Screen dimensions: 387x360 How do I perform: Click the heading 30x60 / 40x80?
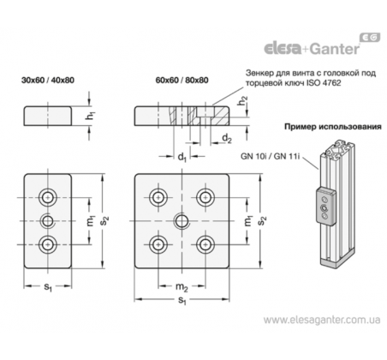[48, 81]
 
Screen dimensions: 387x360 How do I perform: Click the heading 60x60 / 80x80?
[182, 81]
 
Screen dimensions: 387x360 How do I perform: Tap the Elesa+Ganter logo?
[322, 45]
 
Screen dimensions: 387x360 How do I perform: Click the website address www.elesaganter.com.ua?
[322, 320]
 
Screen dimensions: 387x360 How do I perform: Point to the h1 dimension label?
[91, 116]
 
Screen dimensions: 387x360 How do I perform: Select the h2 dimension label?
[243, 100]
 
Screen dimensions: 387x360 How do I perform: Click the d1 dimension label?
[182, 157]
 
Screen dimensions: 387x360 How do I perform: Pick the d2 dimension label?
[227, 139]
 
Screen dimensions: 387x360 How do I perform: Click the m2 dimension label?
[182, 287]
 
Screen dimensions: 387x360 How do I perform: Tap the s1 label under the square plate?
[182, 300]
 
